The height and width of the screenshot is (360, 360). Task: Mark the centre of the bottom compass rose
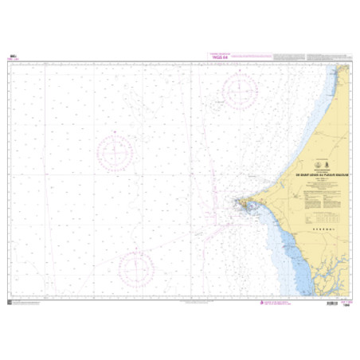(x=139, y=268)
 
